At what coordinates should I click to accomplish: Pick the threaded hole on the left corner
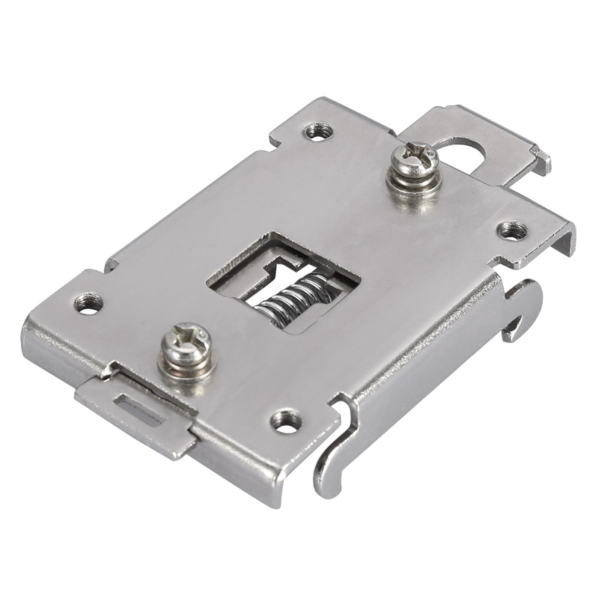[x=89, y=303]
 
